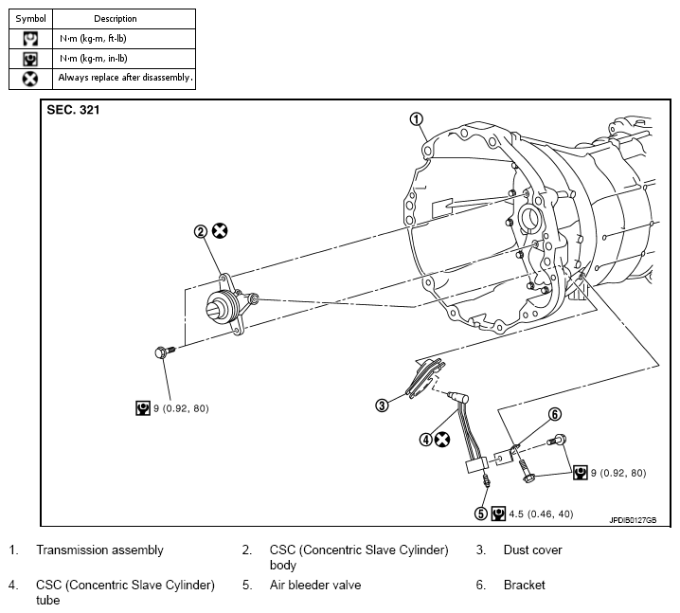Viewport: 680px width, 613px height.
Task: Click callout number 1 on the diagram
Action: (417, 119)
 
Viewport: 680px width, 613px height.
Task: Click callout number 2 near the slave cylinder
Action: (201, 232)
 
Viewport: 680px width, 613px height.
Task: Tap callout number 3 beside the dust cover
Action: (382, 406)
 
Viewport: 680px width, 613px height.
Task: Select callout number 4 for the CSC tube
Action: (426, 440)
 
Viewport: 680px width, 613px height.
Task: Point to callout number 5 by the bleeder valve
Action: (481, 514)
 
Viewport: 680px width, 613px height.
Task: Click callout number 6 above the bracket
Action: (555, 414)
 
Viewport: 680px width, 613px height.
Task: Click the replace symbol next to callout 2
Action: (220, 231)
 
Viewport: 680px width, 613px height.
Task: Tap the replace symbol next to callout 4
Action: (442, 440)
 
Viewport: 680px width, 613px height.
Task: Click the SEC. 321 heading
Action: (73, 110)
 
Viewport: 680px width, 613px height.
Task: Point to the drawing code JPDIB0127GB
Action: (634, 520)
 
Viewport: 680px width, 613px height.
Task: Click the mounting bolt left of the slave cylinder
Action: (165, 352)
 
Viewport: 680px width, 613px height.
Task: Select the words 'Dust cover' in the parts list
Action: (532, 550)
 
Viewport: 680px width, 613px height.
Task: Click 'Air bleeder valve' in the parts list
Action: (315, 585)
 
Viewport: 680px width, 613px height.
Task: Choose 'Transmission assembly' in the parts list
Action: (99, 550)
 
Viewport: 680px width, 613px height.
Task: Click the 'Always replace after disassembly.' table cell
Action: (124, 79)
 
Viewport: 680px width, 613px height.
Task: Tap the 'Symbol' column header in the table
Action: (31, 19)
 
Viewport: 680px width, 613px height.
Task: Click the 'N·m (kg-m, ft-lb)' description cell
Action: (124, 39)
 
